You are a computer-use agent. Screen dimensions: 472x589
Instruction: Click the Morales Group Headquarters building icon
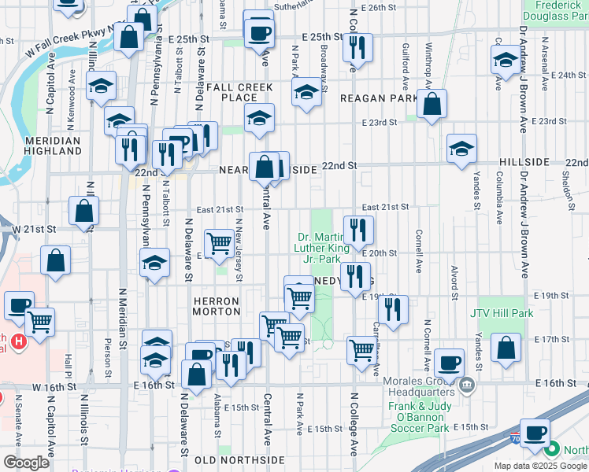click(x=467, y=385)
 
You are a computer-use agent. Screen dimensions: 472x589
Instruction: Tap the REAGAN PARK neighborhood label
click(x=379, y=98)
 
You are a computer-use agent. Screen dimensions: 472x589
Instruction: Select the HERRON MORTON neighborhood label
click(x=216, y=306)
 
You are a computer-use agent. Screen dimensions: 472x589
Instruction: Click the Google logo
click(x=27, y=462)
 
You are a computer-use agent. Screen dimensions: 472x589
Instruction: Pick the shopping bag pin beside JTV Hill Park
click(x=506, y=347)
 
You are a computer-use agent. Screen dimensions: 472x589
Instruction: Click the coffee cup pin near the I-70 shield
click(x=536, y=432)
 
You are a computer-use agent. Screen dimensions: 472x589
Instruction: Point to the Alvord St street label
click(x=454, y=283)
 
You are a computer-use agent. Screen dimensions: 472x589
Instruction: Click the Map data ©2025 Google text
click(x=540, y=466)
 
